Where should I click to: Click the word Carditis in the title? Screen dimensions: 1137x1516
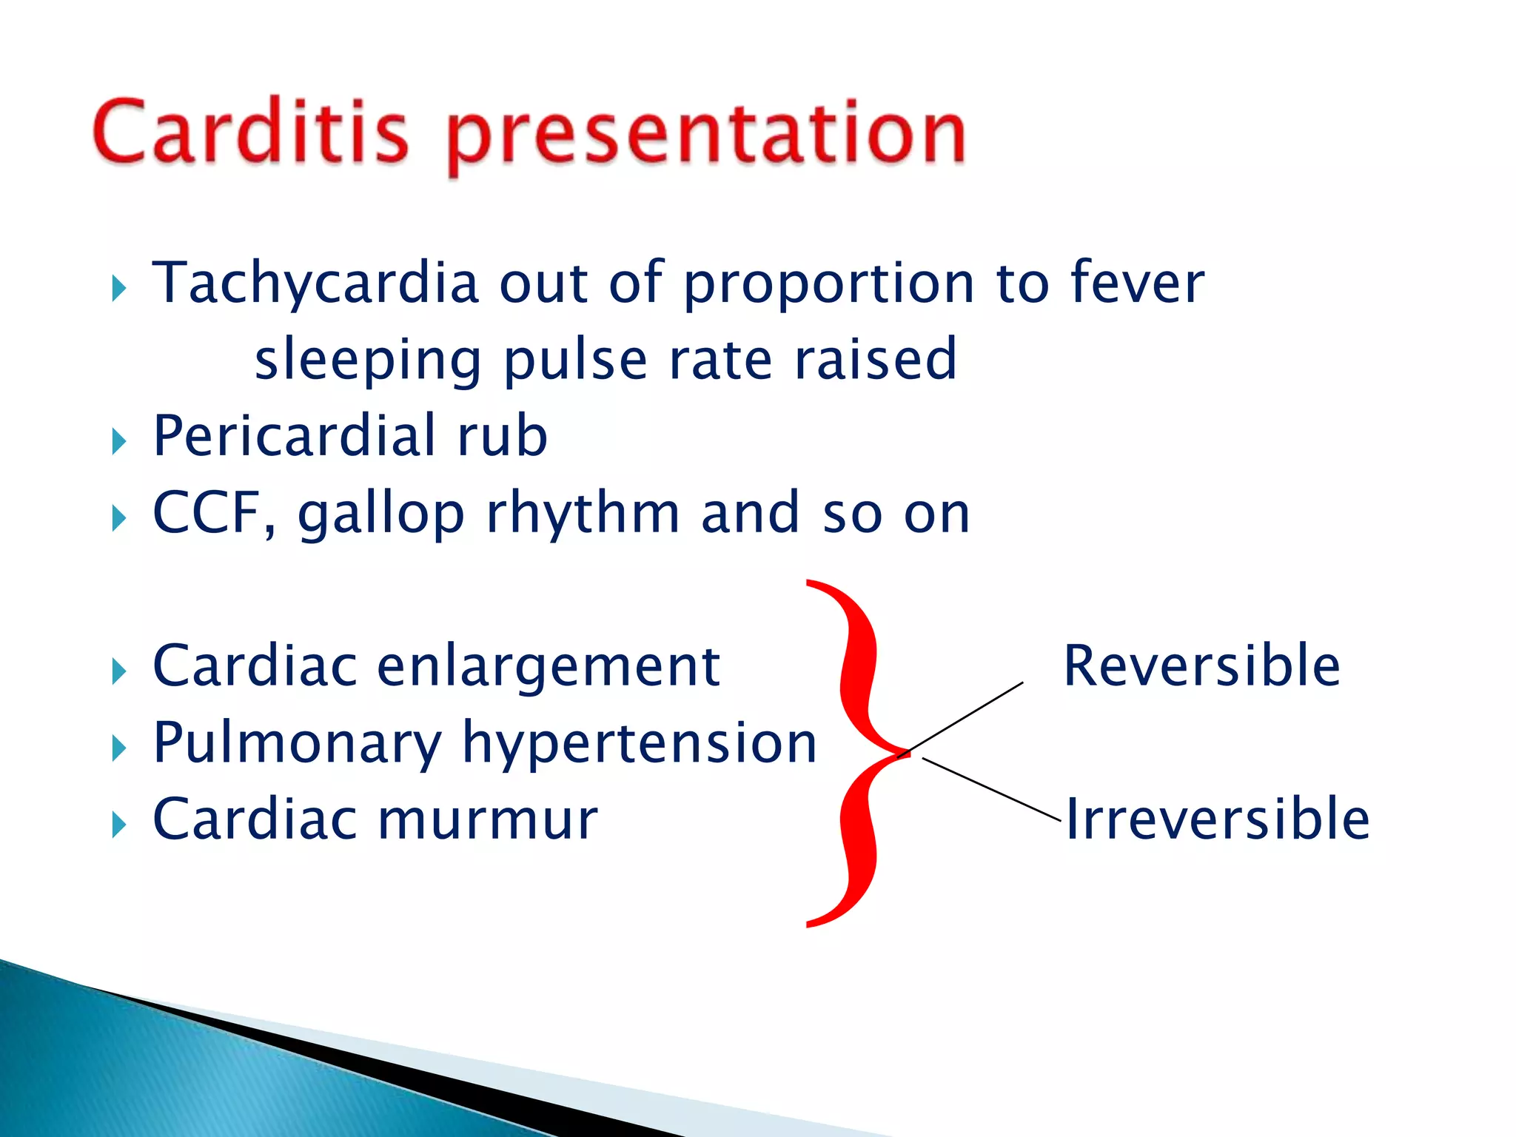250,133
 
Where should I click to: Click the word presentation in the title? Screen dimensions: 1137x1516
707,137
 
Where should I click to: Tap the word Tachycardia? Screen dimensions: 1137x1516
315,284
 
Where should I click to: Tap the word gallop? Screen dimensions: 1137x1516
381,516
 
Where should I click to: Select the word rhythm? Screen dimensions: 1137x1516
583,513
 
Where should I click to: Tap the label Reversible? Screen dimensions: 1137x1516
1201,666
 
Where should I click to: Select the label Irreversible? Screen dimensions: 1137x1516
1217,819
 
